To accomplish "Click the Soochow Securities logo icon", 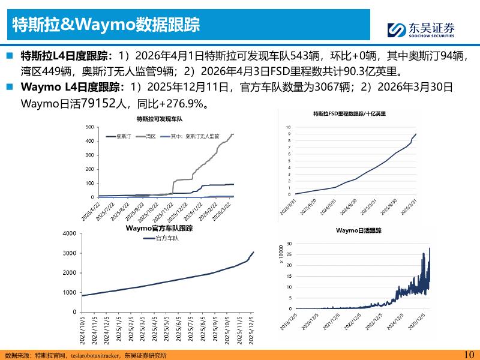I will tap(397, 29).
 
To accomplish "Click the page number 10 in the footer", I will tap(469, 354).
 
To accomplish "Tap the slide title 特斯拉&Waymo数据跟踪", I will tap(107, 25).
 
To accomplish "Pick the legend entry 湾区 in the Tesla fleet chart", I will tap(149, 137).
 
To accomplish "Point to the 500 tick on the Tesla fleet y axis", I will tap(90, 127).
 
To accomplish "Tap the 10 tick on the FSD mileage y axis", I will tap(288, 128).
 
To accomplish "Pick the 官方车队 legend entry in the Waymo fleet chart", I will tap(164, 238).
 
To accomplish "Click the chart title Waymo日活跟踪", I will tap(358, 230).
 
